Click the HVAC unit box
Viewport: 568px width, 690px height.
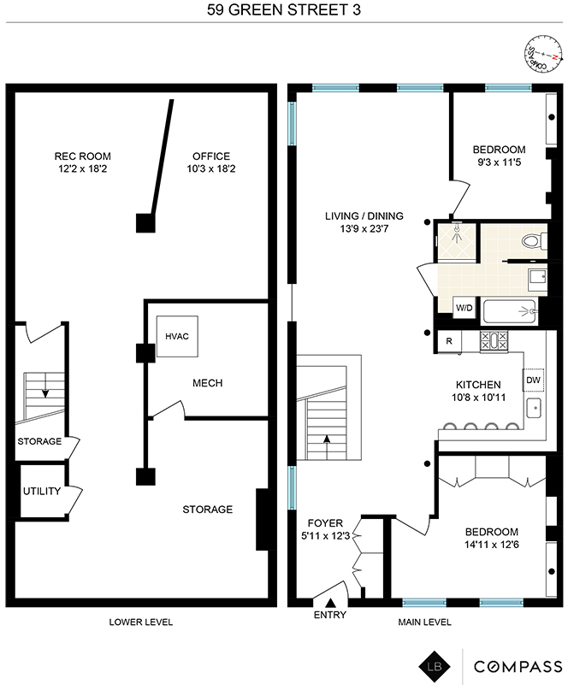[x=177, y=336]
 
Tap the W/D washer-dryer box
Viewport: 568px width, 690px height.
[x=464, y=307]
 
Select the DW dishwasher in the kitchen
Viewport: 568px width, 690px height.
[x=533, y=380]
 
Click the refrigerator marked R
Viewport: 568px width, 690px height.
[x=449, y=341]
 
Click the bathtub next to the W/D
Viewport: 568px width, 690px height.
[x=510, y=311]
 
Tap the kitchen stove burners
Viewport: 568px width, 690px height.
[x=494, y=340]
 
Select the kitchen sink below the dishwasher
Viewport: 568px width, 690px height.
[x=534, y=409]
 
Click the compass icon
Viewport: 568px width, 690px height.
[x=543, y=55]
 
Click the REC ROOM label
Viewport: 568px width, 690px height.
[x=83, y=156]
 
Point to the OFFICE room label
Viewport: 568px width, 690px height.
[x=211, y=156]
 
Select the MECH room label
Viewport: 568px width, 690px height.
[x=207, y=383]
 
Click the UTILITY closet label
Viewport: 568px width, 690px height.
[x=42, y=491]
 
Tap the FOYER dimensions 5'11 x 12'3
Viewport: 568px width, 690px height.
[x=325, y=536]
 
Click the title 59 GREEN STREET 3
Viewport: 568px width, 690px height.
[x=284, y=10]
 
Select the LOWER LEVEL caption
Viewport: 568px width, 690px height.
[x=141, y=622]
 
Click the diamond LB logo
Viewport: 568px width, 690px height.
[x=435, y=666]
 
